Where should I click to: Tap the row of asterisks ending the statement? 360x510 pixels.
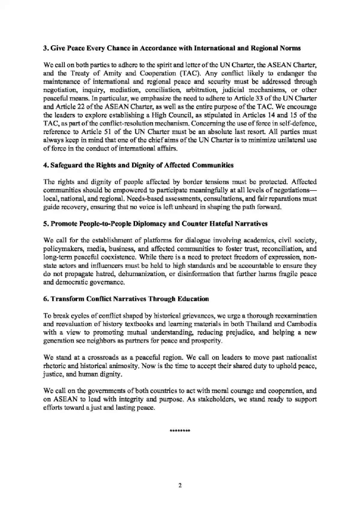(180, 431)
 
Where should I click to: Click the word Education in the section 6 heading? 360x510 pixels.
(193, 299)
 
